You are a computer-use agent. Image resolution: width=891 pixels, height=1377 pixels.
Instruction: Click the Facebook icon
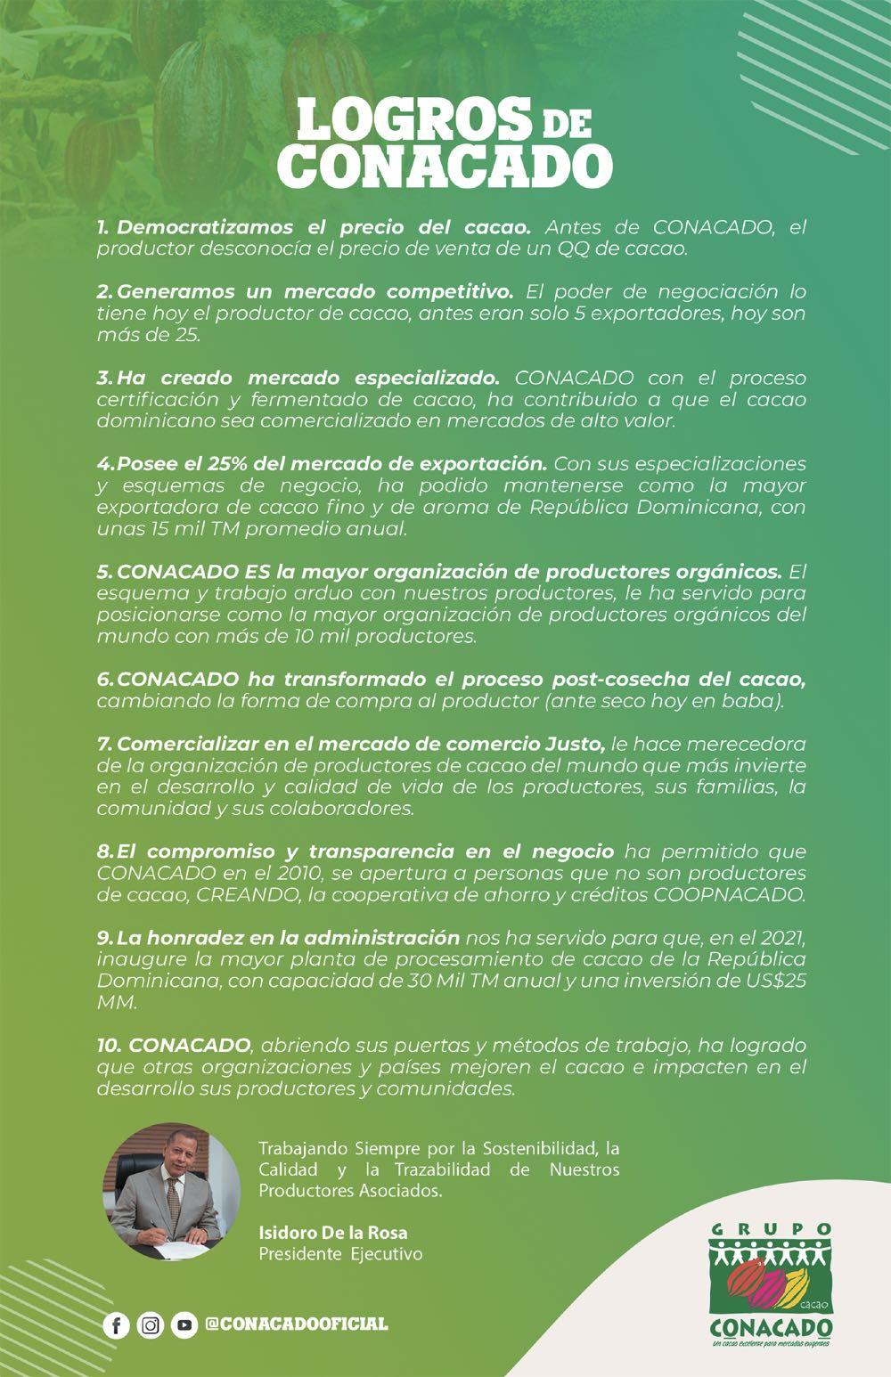tap(116, 1325)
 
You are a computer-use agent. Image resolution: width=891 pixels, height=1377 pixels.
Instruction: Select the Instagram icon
tap(151, 1325)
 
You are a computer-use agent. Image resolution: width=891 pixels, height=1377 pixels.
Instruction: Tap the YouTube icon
tap(184, 1325)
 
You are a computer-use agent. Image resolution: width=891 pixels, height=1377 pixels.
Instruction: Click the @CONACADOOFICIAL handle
tap(297, 1324)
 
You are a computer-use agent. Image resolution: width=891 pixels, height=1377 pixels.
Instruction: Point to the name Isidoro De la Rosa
tap(332, 1234)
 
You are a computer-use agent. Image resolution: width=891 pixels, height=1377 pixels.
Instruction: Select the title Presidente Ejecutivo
tap(340, 1254)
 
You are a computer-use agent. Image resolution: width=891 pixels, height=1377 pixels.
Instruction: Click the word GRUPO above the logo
tap(772, 1229)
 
